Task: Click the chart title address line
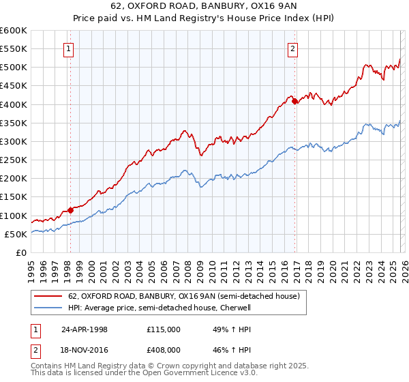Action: pos(204,7)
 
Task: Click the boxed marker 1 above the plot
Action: pos(70,48)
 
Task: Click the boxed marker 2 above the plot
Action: pos(292,48)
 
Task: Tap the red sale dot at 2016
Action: pos(294,102)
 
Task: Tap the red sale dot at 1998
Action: pos(70,210)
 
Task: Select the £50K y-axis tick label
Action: pos(16,234)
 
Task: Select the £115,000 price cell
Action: pos(164,329)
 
